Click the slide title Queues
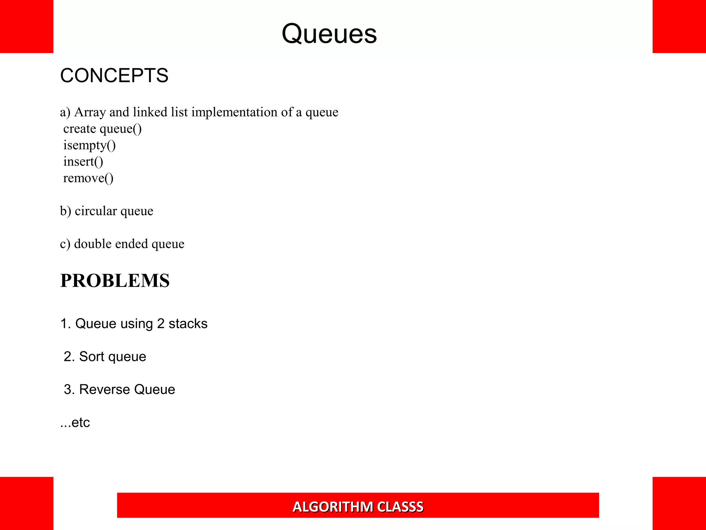(329, 34)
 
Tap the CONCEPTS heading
(114, 76)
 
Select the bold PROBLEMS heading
(115, 281)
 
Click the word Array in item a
(90, 112)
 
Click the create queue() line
(102, 129)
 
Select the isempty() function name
(89, 145)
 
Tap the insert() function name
(83, 161)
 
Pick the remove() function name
(88, 178)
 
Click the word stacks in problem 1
(188, 324)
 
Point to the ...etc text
(75, 422)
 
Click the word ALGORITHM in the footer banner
(333, 507)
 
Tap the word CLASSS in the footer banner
(400, 507)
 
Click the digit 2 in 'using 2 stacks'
(161, 324)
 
